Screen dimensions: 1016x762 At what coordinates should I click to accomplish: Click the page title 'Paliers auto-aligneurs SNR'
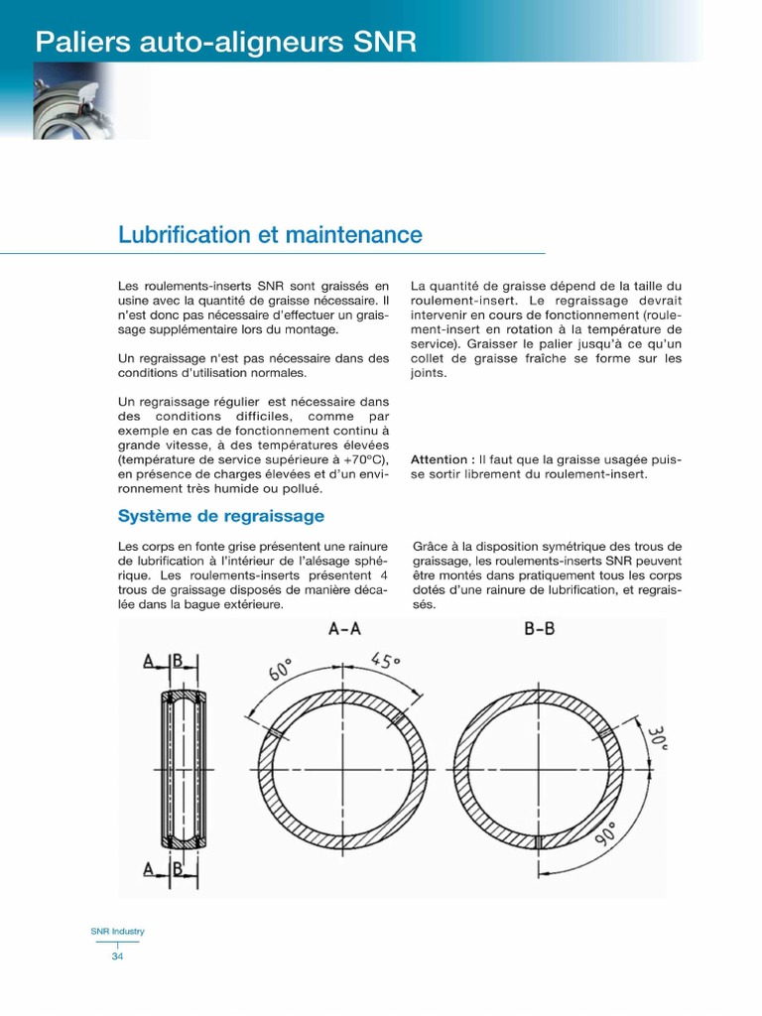226,42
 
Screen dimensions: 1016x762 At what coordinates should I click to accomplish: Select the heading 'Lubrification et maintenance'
270,235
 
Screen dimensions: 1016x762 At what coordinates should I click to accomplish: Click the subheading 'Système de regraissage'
221,516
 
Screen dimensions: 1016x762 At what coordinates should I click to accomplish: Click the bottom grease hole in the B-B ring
537,842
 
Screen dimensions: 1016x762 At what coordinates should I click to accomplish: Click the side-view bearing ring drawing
184,767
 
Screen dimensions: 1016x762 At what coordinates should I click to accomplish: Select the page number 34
117,956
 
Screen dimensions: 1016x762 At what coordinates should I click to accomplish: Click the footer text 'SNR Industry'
117,932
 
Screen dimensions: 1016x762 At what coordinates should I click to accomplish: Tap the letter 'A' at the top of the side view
148,662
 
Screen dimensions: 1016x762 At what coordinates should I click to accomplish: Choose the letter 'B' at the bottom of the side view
179,870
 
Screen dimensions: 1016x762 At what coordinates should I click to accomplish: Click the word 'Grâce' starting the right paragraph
430,547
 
